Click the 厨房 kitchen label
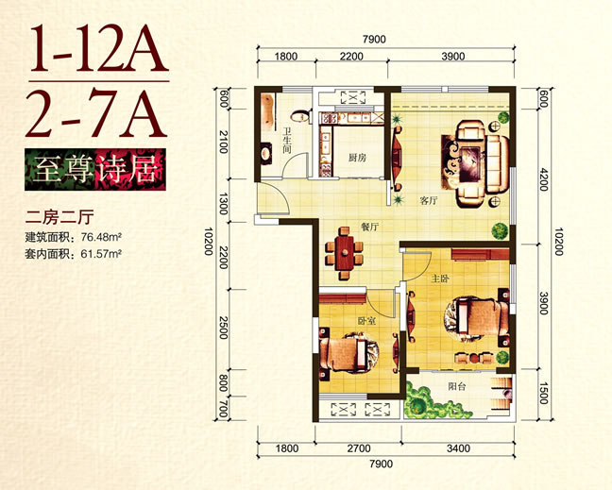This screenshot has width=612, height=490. (357, 158)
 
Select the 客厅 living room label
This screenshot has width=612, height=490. (429, 201)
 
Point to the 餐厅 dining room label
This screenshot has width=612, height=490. (369, 227)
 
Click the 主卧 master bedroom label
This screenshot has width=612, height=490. (440, 279)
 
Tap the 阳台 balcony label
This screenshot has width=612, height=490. (457, 386)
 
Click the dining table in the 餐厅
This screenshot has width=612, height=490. (344, 253)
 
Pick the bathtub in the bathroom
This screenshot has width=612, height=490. (267, 113)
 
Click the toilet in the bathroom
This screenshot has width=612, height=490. (300, 116)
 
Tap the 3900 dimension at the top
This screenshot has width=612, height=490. (453, 57)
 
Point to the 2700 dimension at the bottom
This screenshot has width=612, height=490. (359, 448)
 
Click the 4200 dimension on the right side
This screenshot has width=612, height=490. (543, 179)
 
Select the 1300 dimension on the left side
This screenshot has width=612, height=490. (223, 204)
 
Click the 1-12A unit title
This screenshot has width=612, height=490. (99, 48)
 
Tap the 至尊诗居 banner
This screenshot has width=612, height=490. (95, 169)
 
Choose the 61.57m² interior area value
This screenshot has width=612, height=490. (101, 254)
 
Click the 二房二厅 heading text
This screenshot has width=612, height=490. (59, 217)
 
